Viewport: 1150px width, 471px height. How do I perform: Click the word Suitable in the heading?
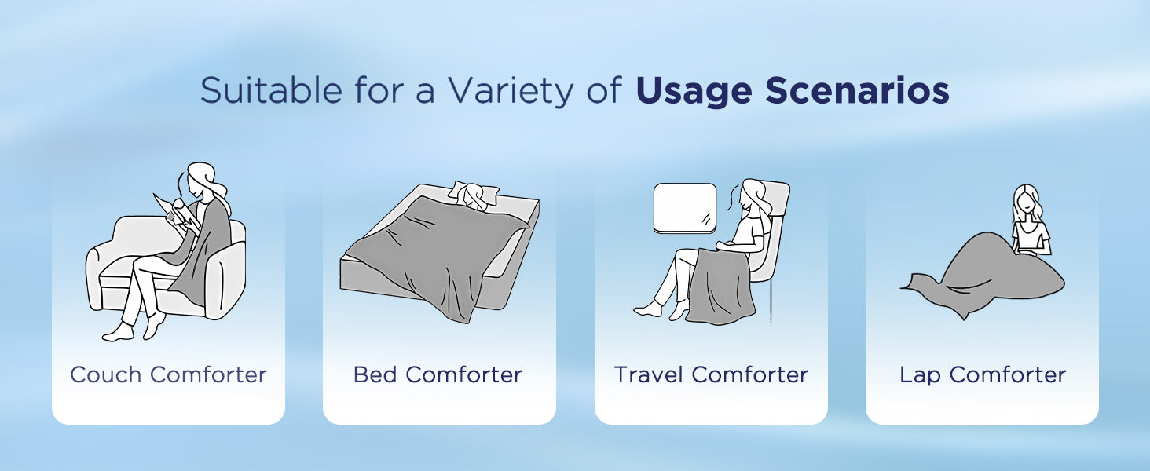tap(271, 90)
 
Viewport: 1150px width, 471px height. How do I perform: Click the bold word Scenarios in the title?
tap(857, 91)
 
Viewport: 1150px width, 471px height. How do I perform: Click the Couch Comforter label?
tap(168, 374)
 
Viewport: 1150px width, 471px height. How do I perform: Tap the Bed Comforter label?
tap(438, 374)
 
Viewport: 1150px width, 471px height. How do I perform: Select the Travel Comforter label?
tap(711, 374)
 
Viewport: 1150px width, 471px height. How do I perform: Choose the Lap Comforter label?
tap(983, 375)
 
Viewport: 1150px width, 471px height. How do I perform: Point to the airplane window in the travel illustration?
tap(685, 208)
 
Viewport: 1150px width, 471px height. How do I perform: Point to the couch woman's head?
tap(203, 181)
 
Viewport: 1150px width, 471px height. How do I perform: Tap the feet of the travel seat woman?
tap(661, 309)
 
